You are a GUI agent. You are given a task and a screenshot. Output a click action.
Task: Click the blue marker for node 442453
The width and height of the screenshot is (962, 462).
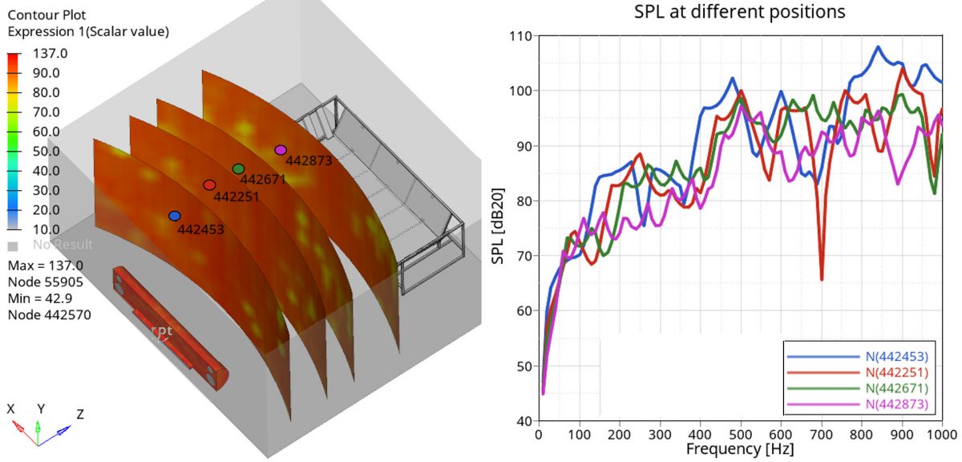click(175, 216)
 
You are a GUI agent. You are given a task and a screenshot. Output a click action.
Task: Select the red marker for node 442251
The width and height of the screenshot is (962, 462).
click(209, 185)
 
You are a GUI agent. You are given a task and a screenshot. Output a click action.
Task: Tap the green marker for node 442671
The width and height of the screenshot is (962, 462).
click(238, 168)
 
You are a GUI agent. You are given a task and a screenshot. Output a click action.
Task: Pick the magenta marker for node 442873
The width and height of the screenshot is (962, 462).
click(281, 150)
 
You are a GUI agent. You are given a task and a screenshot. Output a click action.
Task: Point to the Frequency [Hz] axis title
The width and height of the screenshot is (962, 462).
click(741, 450)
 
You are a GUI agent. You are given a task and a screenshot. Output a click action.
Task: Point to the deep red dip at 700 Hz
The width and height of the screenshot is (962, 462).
click(822, 278)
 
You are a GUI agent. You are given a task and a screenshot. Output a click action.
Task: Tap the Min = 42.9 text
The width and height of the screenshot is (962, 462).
click(39, 298)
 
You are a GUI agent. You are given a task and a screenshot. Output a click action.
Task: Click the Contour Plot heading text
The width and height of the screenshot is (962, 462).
click(46, 14)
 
